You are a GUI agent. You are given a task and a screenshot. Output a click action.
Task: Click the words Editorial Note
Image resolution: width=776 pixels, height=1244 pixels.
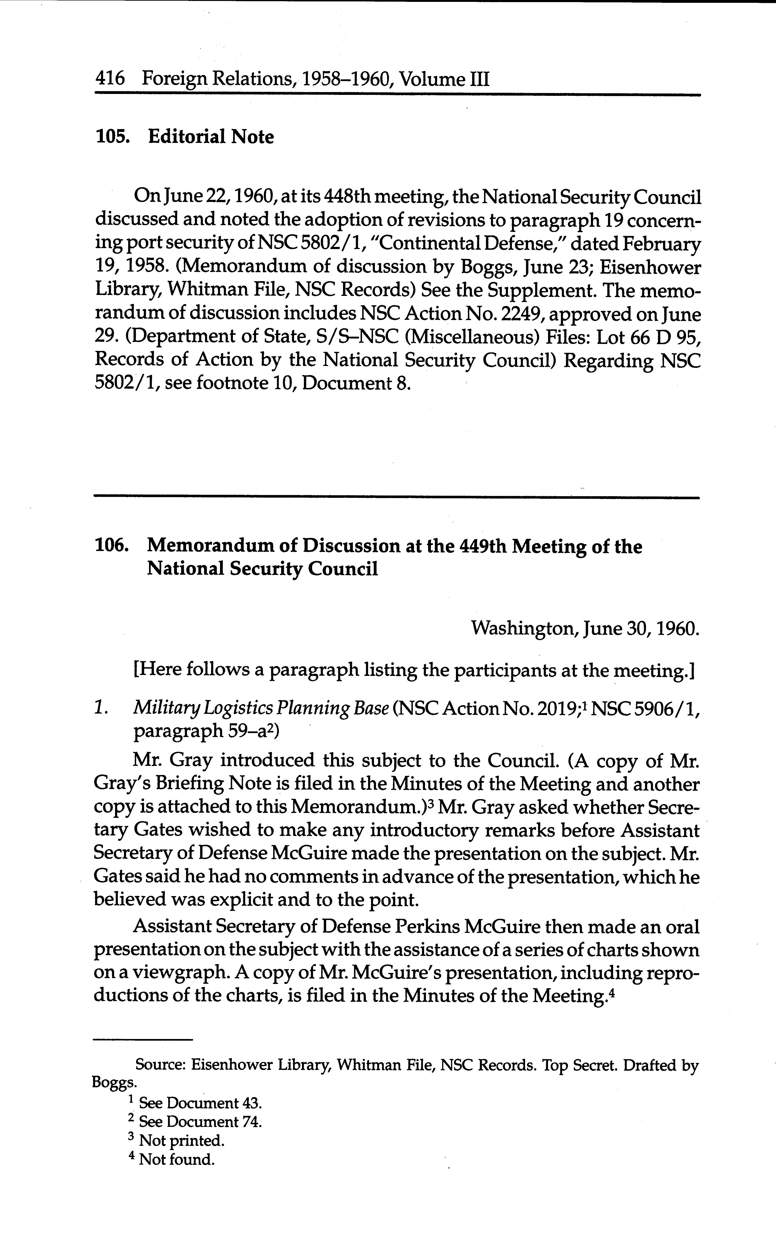211,137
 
